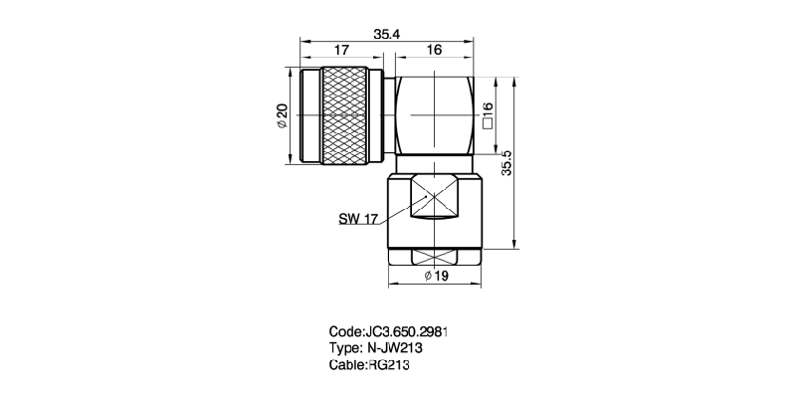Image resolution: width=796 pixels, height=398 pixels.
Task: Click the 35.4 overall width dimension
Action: click(387, 35)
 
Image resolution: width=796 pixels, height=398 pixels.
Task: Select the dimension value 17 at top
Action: click(341, 50)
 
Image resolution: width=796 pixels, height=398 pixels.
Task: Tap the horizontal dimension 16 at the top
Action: click(434, 50)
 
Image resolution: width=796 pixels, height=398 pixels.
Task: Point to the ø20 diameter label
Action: click(283, 116)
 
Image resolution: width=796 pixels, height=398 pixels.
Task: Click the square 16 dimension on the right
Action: click(488, 115)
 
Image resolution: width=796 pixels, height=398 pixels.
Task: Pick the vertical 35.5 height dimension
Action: click(506, 163)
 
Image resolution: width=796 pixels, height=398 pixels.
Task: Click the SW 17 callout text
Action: click(358, 219)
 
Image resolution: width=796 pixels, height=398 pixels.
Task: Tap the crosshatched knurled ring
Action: click(344, 115)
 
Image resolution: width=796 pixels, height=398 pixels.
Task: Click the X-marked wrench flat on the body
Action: click(435, 197)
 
